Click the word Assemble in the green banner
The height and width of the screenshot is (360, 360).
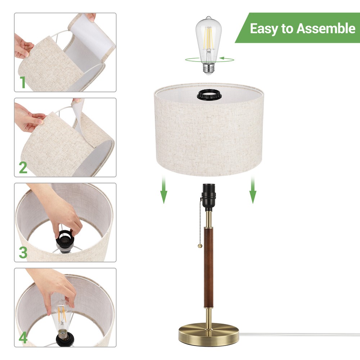click(x=325, y=28)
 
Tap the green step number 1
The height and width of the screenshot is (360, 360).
click(x=23, y=82)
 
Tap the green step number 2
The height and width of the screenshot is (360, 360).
click(x=23, y=167)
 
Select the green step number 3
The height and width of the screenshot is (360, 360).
click(x=23, y=252)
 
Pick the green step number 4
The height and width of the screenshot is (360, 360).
click(x=23, y=338)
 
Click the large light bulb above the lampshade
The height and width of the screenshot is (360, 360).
click(x=208, y=40)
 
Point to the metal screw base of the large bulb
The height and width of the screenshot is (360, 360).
click(x=208, y=68)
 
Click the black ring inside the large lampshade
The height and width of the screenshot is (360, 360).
click(x=208, y=95)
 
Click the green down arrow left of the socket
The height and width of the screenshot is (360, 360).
click(x=164, y=191)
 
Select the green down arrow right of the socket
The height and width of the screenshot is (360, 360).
click(x=253, y=191)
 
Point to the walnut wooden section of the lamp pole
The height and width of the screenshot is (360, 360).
click(x=208, y=266)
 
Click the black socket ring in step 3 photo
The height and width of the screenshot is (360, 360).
click(x=65, y=239)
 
